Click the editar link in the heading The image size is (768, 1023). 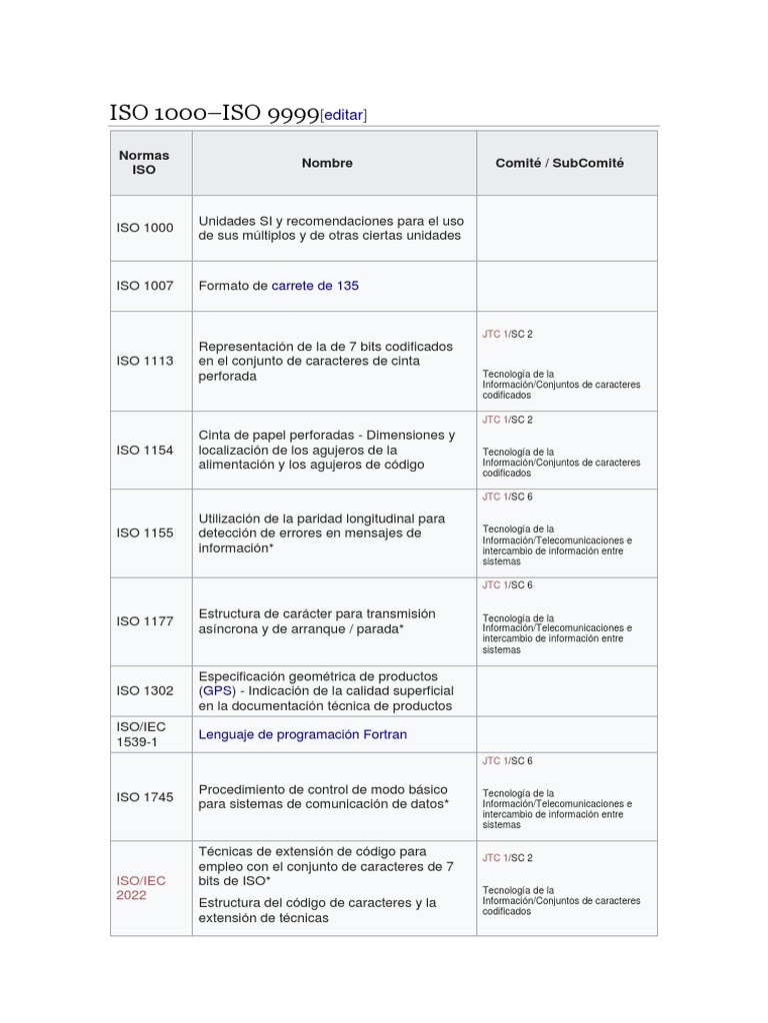(344, 115)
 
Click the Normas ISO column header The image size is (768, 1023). (144, 163)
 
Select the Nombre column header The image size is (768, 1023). (327, 163)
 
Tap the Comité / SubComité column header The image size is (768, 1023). (559, 163)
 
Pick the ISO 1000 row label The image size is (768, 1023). (144, 228)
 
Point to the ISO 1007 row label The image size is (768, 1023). (144, 286)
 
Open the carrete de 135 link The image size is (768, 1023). (315, 286)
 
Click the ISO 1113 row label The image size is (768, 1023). (144, 361)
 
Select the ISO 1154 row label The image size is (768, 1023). (144, 450)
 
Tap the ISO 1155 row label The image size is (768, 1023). (144, 532)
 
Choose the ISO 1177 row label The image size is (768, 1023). (144, 621)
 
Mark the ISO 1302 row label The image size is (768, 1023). (144, 690)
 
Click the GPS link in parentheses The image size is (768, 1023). (217, 690)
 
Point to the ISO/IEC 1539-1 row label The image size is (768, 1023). (139, 734)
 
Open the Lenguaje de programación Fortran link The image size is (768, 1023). (303, 734)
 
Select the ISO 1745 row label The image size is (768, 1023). (144, 797)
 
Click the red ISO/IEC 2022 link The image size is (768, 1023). (141, 888)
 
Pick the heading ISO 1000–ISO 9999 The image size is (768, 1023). (214, 114)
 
